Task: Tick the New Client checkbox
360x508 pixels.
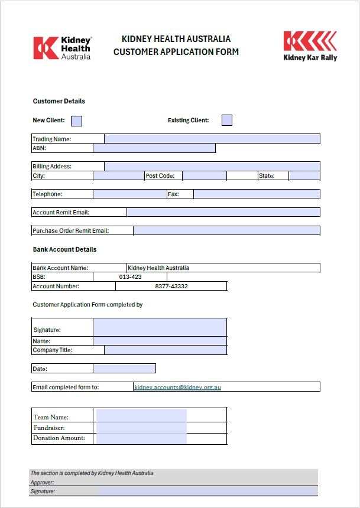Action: point(76,121)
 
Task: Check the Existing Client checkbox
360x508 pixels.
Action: point(227,121)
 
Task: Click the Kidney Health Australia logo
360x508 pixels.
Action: point(63,48)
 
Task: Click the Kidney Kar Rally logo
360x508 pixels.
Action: point(310,46)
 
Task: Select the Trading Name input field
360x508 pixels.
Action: point(212,139)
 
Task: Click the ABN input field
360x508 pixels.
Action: point(154,148)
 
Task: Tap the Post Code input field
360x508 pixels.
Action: point(204,175)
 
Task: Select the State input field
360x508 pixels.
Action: point(304,175)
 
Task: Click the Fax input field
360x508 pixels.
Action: point(257,194)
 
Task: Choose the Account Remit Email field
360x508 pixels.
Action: point(223,212)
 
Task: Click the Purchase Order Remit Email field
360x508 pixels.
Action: point(226,230)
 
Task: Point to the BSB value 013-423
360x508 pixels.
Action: point(130,277)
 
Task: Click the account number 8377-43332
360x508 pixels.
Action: point(171,286)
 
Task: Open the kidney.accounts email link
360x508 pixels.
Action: point(177,387)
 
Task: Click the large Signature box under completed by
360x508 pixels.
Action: point(160,327)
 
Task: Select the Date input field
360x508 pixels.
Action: point(124,369)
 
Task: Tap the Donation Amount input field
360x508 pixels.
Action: point(141,438)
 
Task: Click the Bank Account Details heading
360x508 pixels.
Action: point(64,249)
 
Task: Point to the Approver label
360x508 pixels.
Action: point(42,482)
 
